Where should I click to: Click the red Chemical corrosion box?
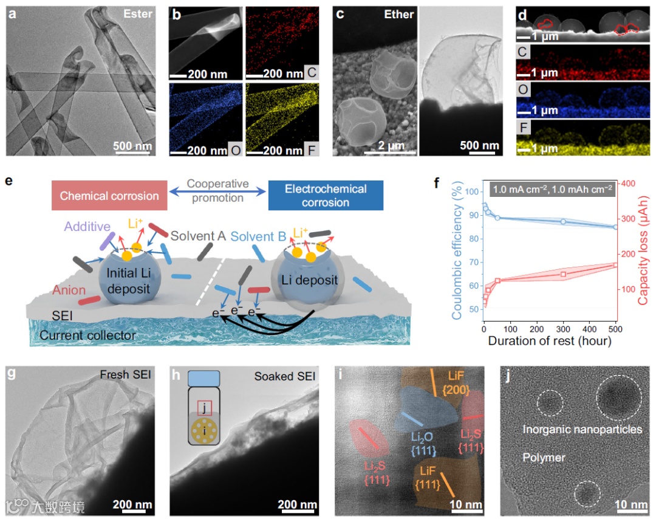pos(109,196)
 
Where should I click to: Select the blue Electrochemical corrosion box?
pos(325,196)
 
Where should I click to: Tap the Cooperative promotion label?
pos(217,191)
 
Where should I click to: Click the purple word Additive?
pos(87,227)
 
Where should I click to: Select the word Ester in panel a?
pos(137,13)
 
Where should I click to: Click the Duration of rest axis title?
pos(549,341)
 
